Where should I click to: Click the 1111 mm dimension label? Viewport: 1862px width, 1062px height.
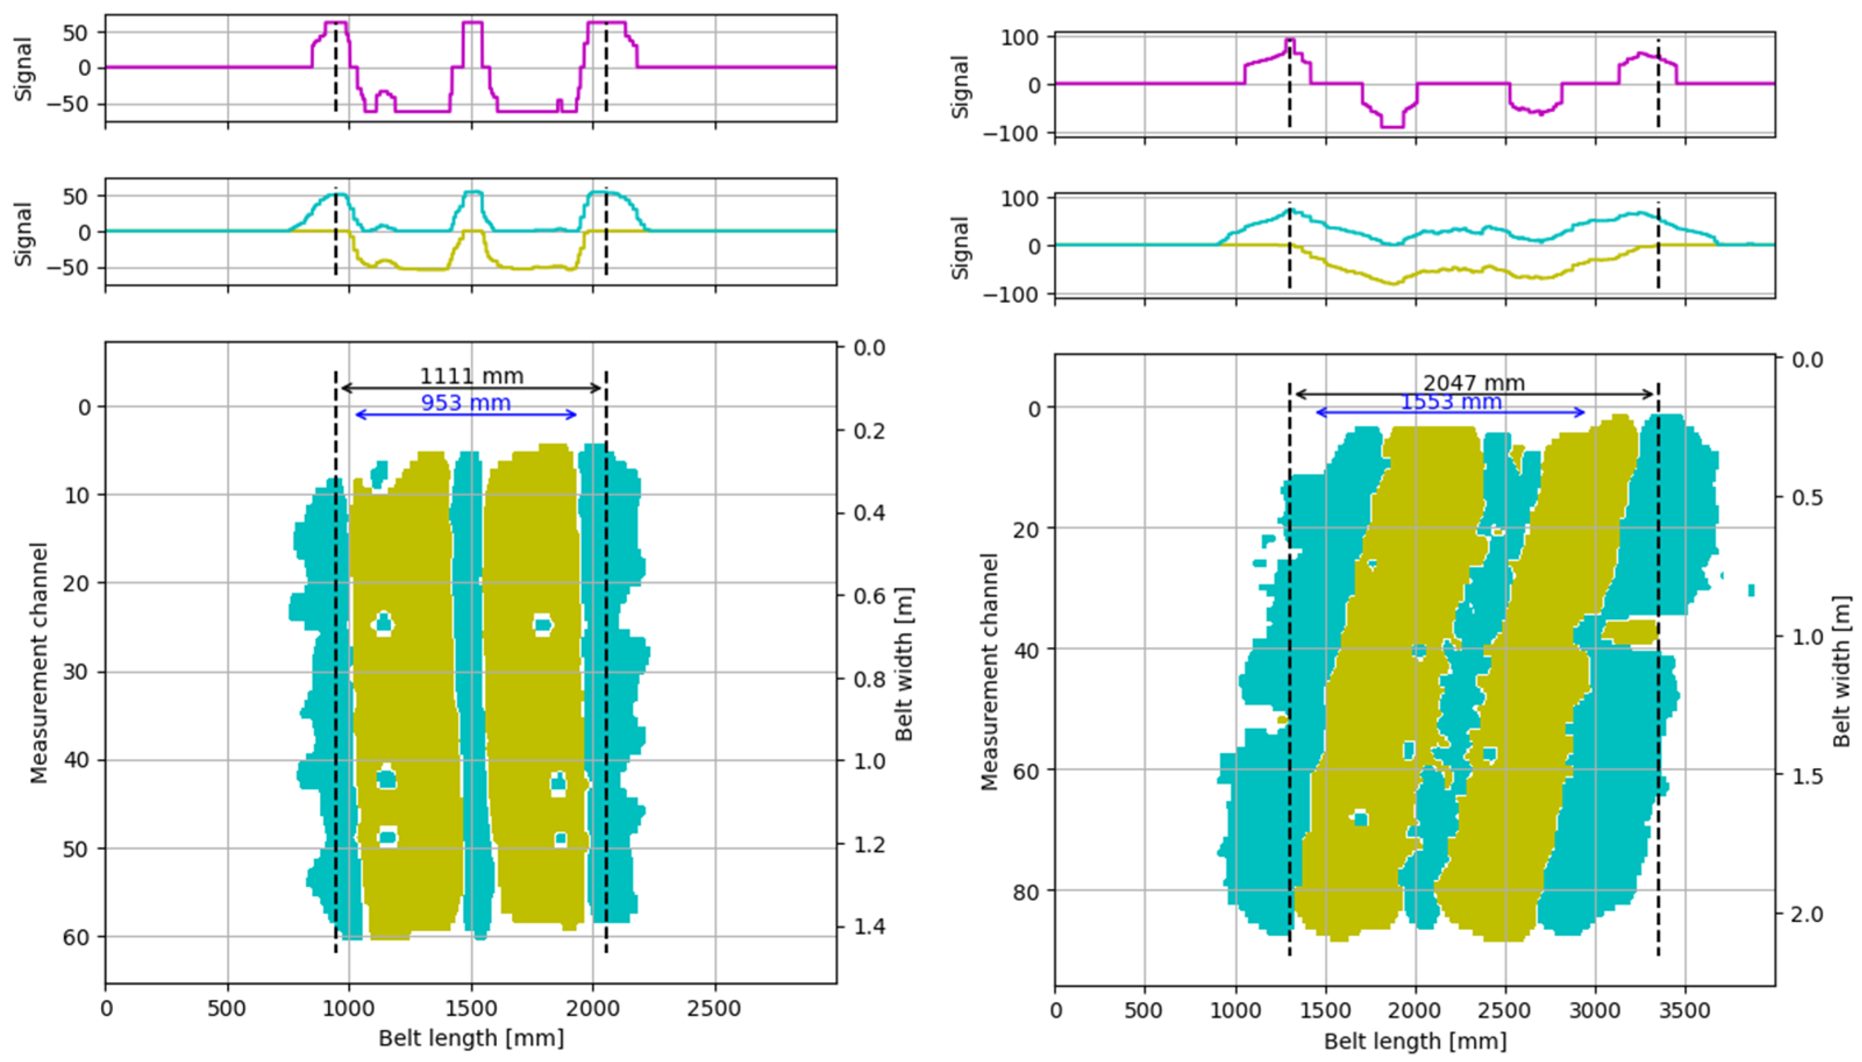click(x=471, y=376)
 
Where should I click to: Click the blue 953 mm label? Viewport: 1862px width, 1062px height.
click(x=466, y=402)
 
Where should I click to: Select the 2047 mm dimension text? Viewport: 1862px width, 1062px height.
click(x=1474, y=383)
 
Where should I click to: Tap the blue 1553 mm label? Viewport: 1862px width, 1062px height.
click(x=1451, y=402)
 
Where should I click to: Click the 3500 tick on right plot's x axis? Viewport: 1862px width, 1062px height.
click(x=1684, y=1011)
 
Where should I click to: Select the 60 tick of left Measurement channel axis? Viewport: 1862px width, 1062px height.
click(x=84, y=936)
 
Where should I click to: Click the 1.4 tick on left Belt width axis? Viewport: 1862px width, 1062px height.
click(x=870, y=927)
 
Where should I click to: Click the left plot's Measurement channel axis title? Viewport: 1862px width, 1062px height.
click(x=38, y=662)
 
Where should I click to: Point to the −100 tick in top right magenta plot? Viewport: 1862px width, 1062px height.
click(x=1009, y=134)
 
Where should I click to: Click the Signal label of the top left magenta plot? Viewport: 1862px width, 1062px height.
click(x=24, y=69)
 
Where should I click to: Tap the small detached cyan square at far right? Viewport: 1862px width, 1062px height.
click(x=1751, y=589)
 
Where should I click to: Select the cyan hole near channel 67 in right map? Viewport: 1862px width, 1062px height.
click(x=1360, y=818)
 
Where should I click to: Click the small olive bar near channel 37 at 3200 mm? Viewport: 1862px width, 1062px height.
click(x=1630, y=632)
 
